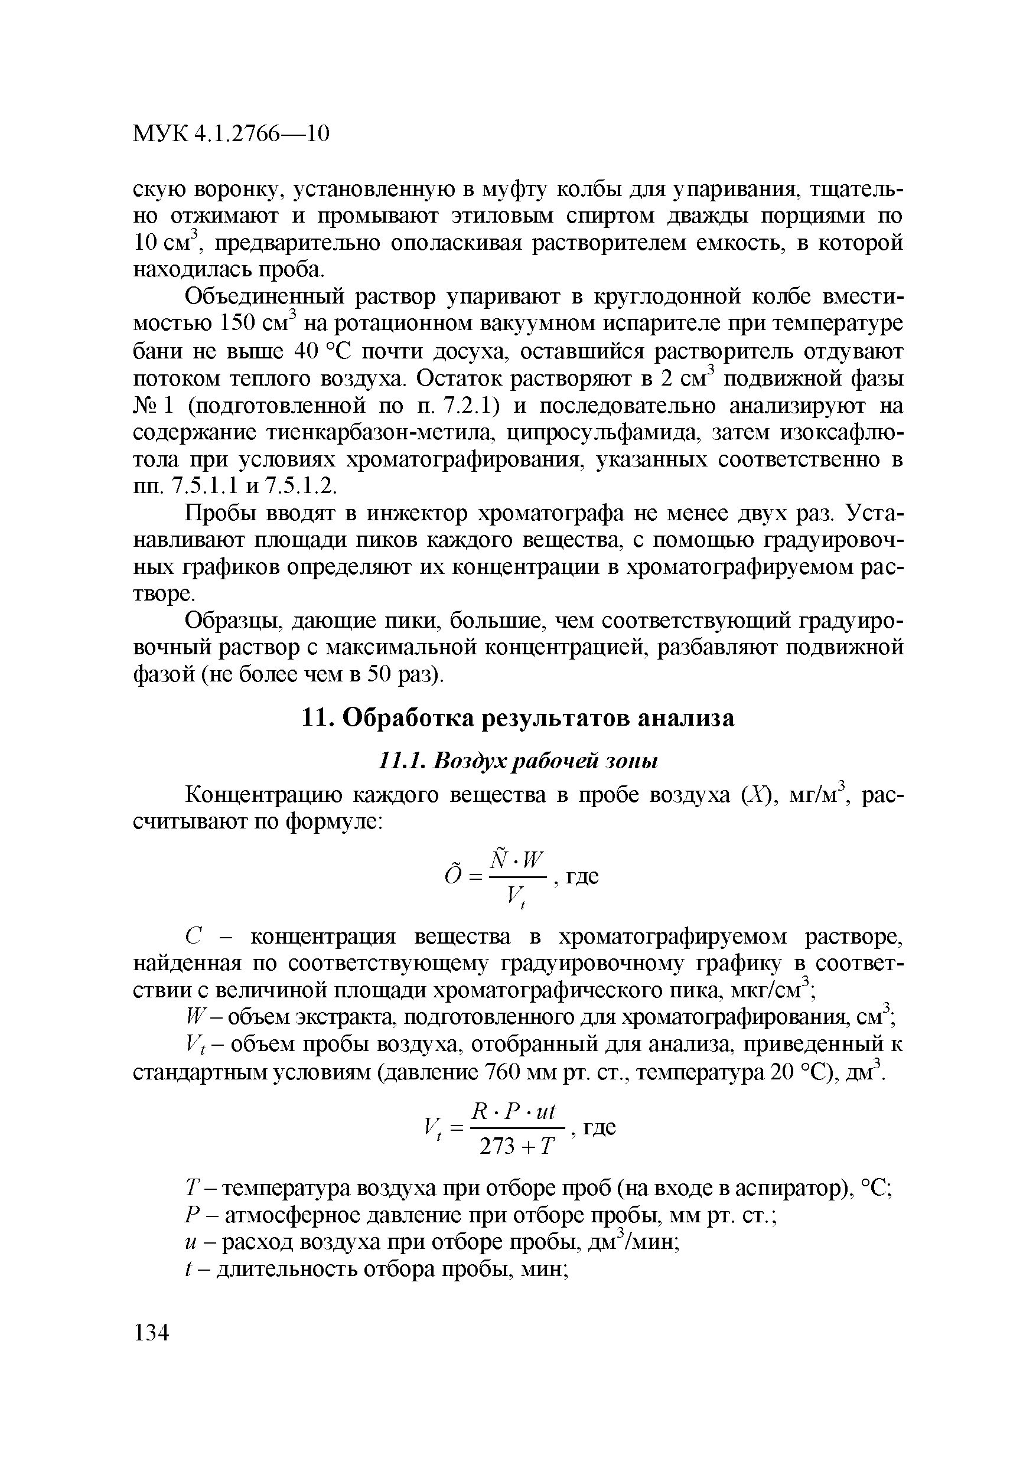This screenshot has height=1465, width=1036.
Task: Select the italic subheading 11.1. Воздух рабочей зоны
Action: (517, 761)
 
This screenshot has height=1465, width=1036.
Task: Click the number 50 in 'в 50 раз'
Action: (377, 674)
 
